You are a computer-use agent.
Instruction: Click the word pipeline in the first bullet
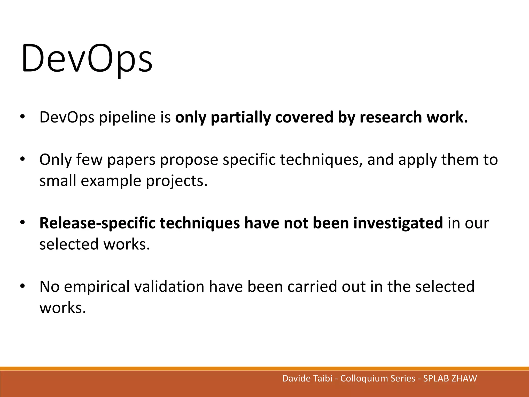point(127,117)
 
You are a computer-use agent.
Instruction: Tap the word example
point(111,181)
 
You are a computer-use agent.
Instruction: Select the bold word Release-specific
point(97,223)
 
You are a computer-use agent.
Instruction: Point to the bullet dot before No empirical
point(22,286)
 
